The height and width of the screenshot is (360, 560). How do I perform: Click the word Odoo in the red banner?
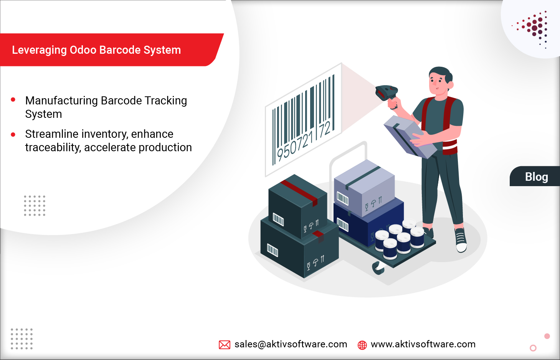click(x=83, y=50)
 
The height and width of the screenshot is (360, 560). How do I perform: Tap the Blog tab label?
click(x=537, y=177)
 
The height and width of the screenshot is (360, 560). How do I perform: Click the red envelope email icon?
click(x=225, y=345)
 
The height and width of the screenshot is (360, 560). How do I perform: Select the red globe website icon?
click(x=362, y=345)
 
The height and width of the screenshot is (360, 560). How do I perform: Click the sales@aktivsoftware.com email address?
click(x=291, y=344)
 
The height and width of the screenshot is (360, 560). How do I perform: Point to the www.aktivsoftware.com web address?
click(x=423, y=344)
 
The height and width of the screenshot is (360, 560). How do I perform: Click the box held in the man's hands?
click(x=410, y=137)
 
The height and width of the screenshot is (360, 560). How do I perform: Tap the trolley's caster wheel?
click(x=378, y=268)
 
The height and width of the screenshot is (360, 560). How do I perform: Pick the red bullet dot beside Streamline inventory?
click(x=13, y=135)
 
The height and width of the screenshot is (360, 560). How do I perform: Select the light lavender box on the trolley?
click(x=365, y=188)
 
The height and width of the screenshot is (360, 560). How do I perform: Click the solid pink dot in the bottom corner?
click(x=547, y=336)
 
